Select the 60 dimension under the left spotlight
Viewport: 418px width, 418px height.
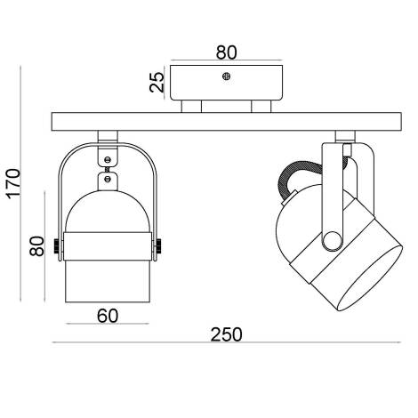coord(106,314)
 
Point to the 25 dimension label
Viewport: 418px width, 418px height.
coord(157,84)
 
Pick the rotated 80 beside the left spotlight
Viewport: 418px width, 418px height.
coord(36,245)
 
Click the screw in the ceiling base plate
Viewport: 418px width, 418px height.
coord(227,77)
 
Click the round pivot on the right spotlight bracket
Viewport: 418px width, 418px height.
coord(331,238)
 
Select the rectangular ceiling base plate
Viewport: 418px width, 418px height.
coord(227,84)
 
